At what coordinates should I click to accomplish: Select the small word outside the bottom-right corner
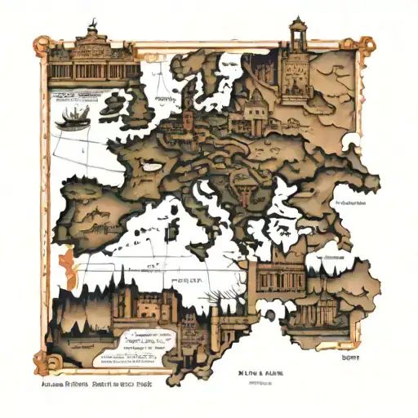coord(350,356)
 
